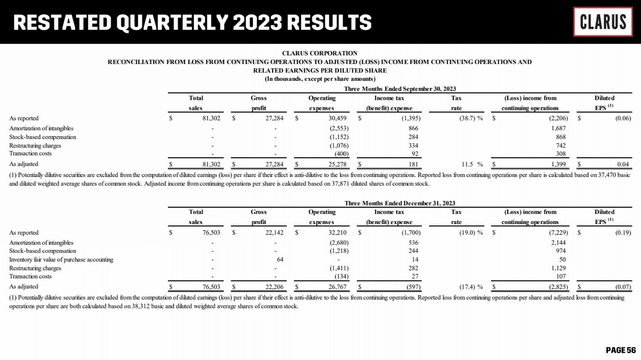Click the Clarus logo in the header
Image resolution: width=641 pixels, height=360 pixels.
click(x=603, y=22)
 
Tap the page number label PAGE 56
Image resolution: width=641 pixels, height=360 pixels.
click(x=620, y=350)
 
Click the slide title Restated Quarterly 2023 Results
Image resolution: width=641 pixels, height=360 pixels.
click(x=193, y=23)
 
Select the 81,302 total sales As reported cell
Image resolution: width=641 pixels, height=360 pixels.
click(x=211, y=118)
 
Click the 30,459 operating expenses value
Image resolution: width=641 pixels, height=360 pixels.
click(x=337, y=118)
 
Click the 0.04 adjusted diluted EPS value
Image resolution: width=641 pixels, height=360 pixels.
click(x=623, y=164)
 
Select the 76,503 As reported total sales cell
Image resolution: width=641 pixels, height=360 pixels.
click(x=211, y=233)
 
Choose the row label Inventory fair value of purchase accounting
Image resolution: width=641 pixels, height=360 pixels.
click(x=61, y=260)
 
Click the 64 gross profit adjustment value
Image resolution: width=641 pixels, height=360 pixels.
click(x=280, y=260)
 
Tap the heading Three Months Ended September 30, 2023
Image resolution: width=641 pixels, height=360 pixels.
click(x=400, y=89)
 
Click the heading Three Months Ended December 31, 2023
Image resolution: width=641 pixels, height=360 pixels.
click(x=400, y=203)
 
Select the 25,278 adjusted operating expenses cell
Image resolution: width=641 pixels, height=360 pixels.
click(x=337, y=164)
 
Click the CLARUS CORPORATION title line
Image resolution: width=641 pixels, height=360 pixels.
click(x=320, y=53)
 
